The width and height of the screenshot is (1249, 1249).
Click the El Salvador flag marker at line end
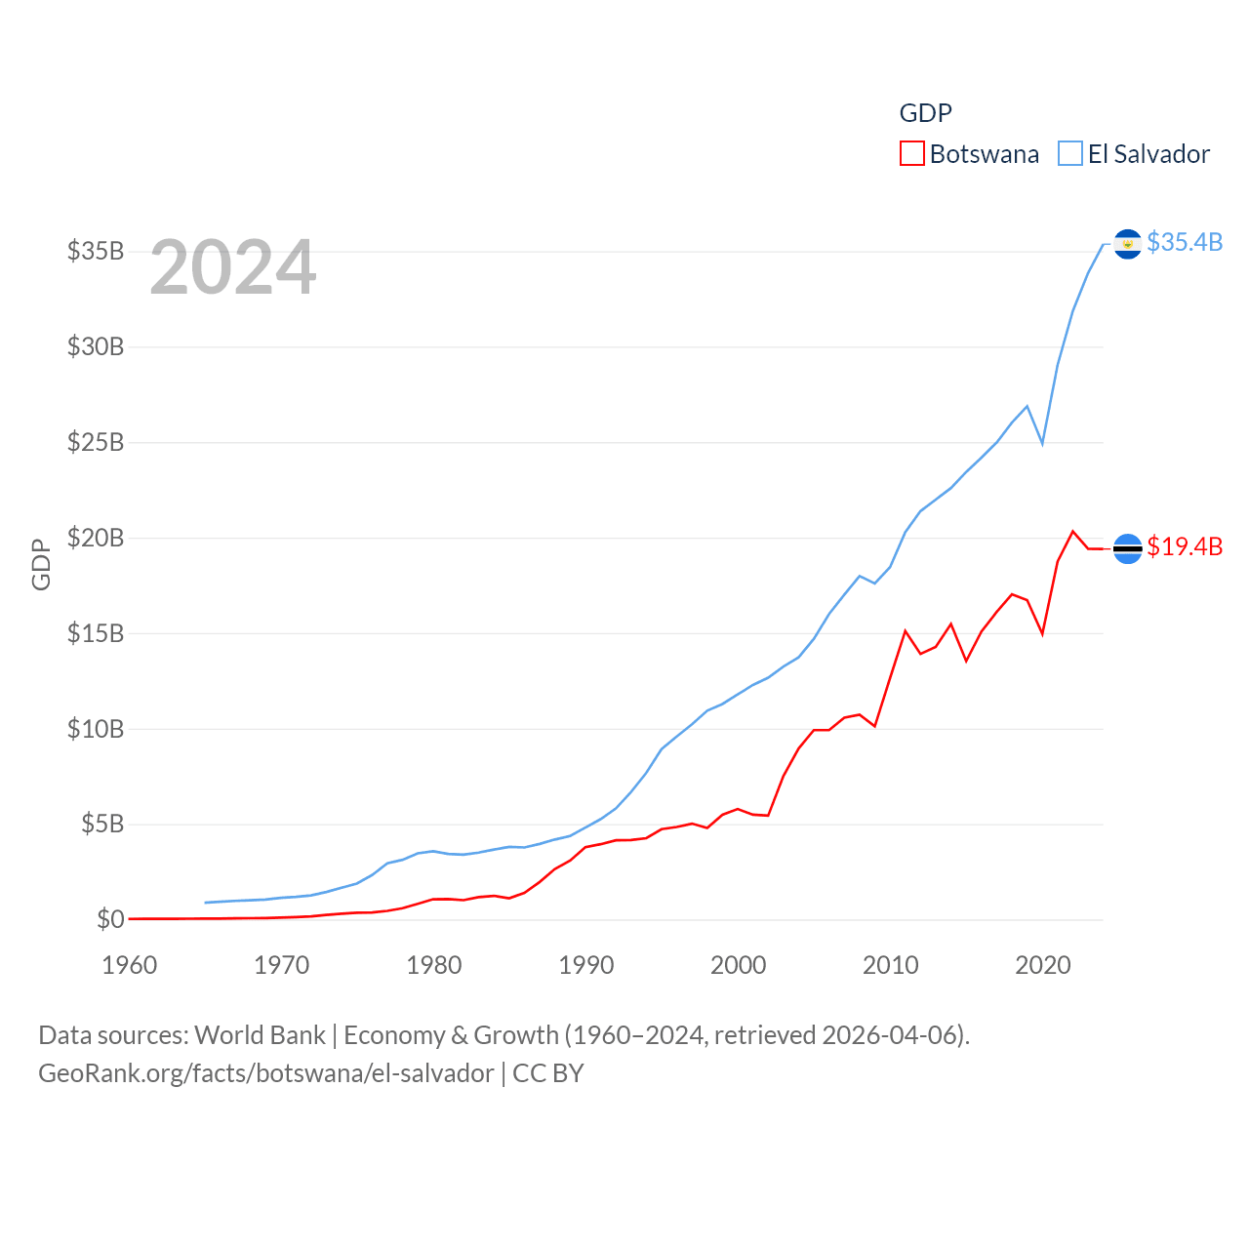point(1127,244)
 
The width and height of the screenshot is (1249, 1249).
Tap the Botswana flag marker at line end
point(1127,549)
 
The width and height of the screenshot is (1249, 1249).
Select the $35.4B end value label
point(1185,242)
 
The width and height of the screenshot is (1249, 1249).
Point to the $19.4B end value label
point(1185,546)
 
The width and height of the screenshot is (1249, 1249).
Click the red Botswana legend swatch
point(911,154)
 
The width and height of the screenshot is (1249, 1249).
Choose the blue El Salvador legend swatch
point(1070,154)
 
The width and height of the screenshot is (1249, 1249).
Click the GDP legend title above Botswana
point(925,113)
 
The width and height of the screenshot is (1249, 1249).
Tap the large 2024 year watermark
point(233,267)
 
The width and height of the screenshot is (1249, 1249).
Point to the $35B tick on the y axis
point(96,252)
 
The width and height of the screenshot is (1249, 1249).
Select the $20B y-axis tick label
point(96,538)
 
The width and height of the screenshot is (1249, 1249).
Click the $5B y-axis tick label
point(102,825)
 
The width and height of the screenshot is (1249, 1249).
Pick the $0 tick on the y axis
point(110,919)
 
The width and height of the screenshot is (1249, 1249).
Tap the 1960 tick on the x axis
point(130,966)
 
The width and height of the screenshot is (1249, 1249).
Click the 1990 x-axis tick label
point(586,966)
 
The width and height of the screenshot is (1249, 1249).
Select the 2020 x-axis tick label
point(1043,966)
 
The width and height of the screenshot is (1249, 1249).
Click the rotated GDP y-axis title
point(41,564)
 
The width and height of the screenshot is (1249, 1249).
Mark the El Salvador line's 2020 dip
point(1042,444)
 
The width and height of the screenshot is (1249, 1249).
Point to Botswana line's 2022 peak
point(1073,532)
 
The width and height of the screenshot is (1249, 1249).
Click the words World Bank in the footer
point(260,1035)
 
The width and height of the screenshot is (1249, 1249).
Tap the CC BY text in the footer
point(548,1073)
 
